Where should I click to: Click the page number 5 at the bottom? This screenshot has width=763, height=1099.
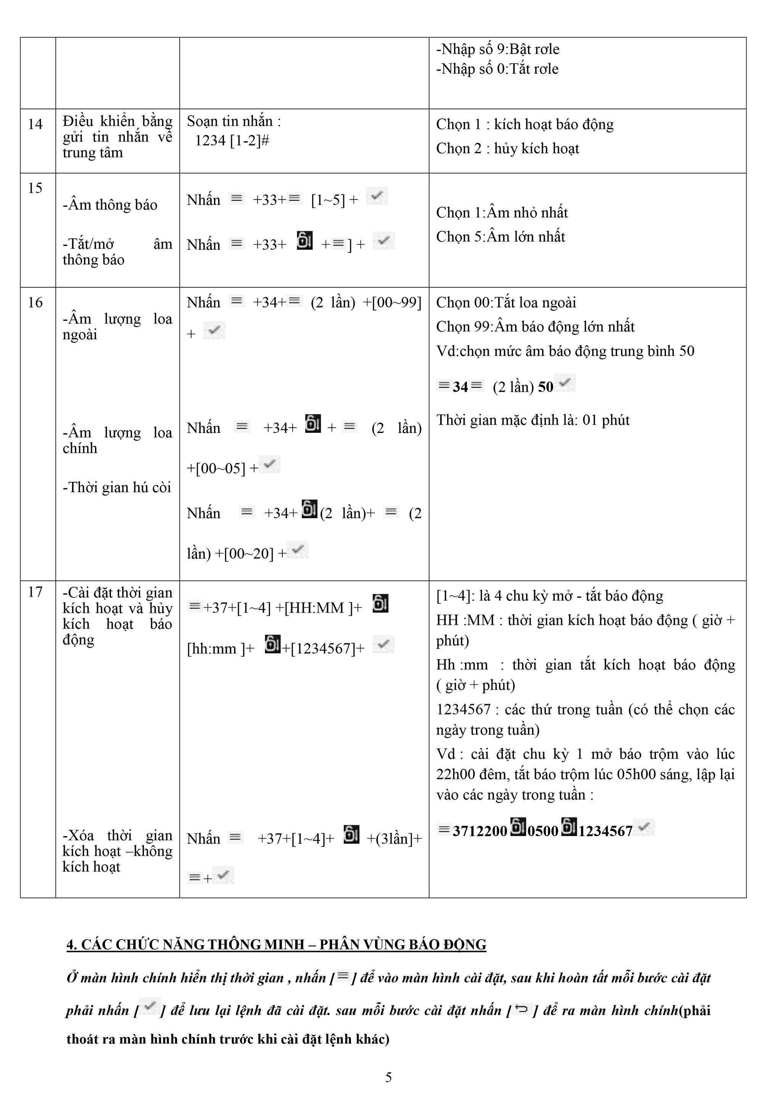click(388, 1076)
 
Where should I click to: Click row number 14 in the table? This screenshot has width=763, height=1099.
click(35, 124)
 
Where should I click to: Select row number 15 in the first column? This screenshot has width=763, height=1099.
click(35, 188)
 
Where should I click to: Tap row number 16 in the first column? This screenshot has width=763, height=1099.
click(35, 302)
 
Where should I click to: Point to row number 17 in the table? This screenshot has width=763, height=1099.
click(35, 592)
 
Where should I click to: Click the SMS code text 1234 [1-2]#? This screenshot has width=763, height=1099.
click(232, 140)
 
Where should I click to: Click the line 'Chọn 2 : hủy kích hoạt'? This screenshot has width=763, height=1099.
click(507, 149)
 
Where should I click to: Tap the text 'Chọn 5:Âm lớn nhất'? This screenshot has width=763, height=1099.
click(500, 237)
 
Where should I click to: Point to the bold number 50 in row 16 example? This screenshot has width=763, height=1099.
click(546, 387)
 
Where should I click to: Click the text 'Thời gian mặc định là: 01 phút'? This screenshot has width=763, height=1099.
click(533, 420)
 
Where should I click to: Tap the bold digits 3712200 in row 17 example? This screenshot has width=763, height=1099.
click(480, 831)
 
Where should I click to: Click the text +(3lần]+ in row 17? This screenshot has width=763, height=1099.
click(394, 838)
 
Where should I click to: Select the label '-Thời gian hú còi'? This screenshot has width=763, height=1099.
click(117, 488)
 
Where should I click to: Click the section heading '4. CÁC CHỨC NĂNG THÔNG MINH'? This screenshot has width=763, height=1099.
click(276, 945)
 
